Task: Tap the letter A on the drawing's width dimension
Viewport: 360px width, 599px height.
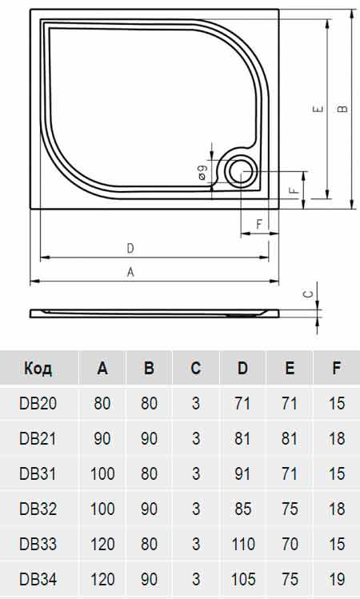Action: pyautogui.click(x=130, y=272)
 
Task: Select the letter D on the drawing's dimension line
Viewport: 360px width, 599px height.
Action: pyautogui.click(x=130, y=248)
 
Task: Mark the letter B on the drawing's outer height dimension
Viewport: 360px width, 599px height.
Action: pyautogui.click(x=342, y=110)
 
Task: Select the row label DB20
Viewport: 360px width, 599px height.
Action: pyautogui.click(x=38, y=403)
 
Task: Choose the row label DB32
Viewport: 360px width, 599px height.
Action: pyautogui.click(x=38, y=508)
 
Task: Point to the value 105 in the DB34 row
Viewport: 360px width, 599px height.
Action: pyautogui.click(x=242, y=578)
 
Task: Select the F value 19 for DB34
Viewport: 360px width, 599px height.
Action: pyautogui.click(x=336, y=578)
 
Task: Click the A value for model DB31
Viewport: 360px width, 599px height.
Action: pyautogui.click(x=102, y=473)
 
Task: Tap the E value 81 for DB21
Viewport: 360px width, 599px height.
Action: pyautogui.click(x=290, y=438)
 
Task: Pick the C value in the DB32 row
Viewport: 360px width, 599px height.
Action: pyautogui.click(x=196, y=508)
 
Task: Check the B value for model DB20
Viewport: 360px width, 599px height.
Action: pyautogui.click(x=149, y=403)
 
